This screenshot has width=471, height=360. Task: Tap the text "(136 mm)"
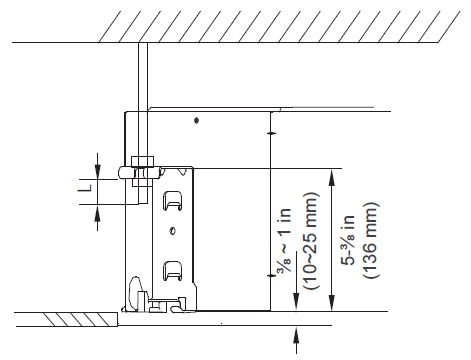tap(371, 241)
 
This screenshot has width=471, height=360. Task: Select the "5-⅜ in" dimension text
tap(349, 240)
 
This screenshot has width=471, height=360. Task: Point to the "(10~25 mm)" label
tap(311, 241)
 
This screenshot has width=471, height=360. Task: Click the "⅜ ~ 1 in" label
tap(284, 240)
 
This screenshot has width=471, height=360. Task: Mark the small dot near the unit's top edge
tap(197, 120)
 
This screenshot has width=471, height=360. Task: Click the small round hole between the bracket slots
tap(173, 231)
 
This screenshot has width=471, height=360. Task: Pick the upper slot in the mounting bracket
tap(173, 201)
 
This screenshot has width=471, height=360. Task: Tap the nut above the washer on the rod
tap(142, 161)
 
